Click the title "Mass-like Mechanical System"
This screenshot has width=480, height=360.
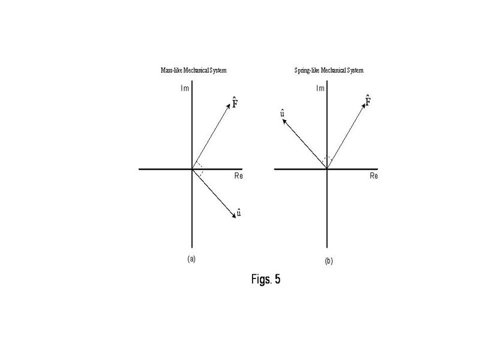[x=193, y=70]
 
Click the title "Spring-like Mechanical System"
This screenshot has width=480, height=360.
[x=329, y=70]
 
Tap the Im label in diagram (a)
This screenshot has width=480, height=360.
[x=185, y=88]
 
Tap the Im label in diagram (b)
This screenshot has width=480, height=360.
[x=320, y=88]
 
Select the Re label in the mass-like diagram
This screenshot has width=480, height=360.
[x=238, y=176]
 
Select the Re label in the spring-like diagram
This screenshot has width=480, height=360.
[x=374, y=176]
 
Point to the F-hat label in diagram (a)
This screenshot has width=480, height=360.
[x=235, y=102]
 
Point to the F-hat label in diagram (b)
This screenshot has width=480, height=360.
[x=368, y=100]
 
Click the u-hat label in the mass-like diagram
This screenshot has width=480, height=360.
[x=239, y=212]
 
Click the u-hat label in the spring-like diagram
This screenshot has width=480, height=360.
[x=282, y=113]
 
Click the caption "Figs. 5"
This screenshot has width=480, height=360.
[x=266, y=279]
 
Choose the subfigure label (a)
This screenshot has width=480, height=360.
[x=191, y=259]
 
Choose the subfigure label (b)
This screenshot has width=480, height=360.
[x=329, y=261]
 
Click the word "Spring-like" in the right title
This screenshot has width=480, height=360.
[x=307, y=70]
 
